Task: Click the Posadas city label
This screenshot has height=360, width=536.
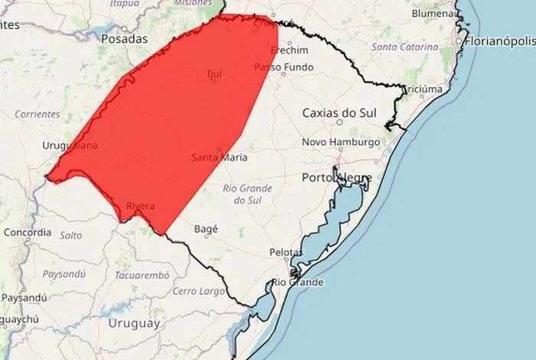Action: pyautogui.click(x=124, y=38)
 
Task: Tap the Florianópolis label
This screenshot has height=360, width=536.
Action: pyautogui.click(x=498, y=39)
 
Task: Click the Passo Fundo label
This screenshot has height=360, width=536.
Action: pyautogui.click(x=283, y=67)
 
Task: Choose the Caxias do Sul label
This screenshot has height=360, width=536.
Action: pyautogui.click(x=339, y=113)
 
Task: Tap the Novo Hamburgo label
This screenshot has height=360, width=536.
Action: pyautogui.click(x=341, y=142)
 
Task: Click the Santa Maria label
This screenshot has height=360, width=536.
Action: pyautogui.click(x=219, y=158)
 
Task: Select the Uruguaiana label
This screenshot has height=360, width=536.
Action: pyautogui.click(x=70, y=145)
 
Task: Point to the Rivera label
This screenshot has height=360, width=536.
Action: pyautogui.click(x=140, y=206)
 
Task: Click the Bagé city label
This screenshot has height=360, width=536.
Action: pyautogui.click(x=206, y=228)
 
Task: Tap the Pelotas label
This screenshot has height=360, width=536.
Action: pyautogui.click(x=286, y=252)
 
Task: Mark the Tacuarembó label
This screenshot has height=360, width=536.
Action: pyautogui.click(x=141, y=274)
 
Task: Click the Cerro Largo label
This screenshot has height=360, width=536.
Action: pyautogui.click(x=198, y=291)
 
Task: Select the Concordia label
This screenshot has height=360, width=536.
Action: pyautogui.click(x=27, y=232)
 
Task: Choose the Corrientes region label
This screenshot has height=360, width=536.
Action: pyautogui.click(x=37, y=114)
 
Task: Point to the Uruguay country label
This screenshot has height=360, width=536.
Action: pyautogui.click(x=134, y=323)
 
